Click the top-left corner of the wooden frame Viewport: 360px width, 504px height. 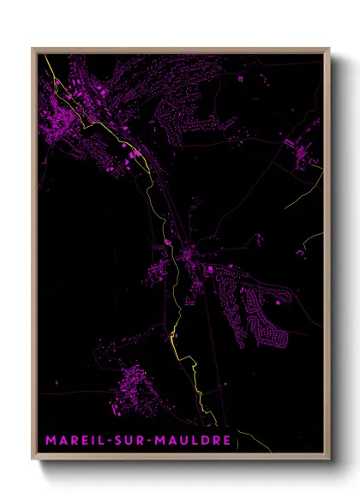tap(33, 48)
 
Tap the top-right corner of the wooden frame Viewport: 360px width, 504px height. tap(329, 48)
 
